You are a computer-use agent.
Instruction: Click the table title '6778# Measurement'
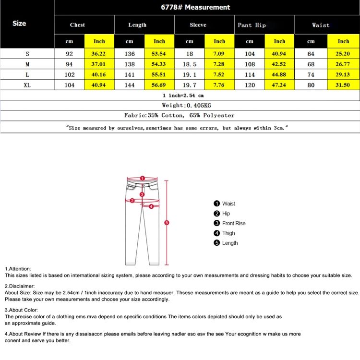point(195,7)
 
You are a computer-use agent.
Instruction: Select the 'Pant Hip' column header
point(252,25)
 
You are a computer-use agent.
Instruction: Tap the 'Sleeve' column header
point(198,25)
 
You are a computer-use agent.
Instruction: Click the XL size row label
point(27,85)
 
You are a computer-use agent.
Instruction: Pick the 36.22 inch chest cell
point(99,54)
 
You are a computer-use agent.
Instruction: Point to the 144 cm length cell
point(130,85)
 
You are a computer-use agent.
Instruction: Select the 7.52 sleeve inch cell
point(219,74)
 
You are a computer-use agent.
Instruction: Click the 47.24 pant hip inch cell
point(279,85)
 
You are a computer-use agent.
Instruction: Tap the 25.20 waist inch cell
point(343,54)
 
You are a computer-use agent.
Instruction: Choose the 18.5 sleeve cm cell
point(190,64)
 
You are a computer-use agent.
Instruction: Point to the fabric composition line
point(180,115)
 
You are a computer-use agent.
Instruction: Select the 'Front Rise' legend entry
point(233,223)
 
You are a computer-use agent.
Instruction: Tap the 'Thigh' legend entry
point(228,233)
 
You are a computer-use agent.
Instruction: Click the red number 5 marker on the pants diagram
point(167,223)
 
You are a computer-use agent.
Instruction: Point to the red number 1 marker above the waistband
point(142,178)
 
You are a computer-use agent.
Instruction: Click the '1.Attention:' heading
point(18,269)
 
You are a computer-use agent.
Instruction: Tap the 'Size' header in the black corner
point(19,23)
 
